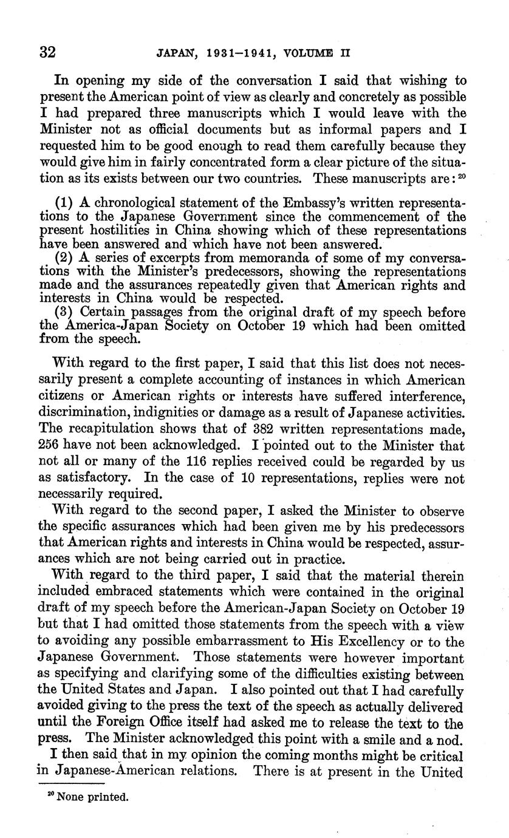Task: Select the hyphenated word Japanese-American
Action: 120,772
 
